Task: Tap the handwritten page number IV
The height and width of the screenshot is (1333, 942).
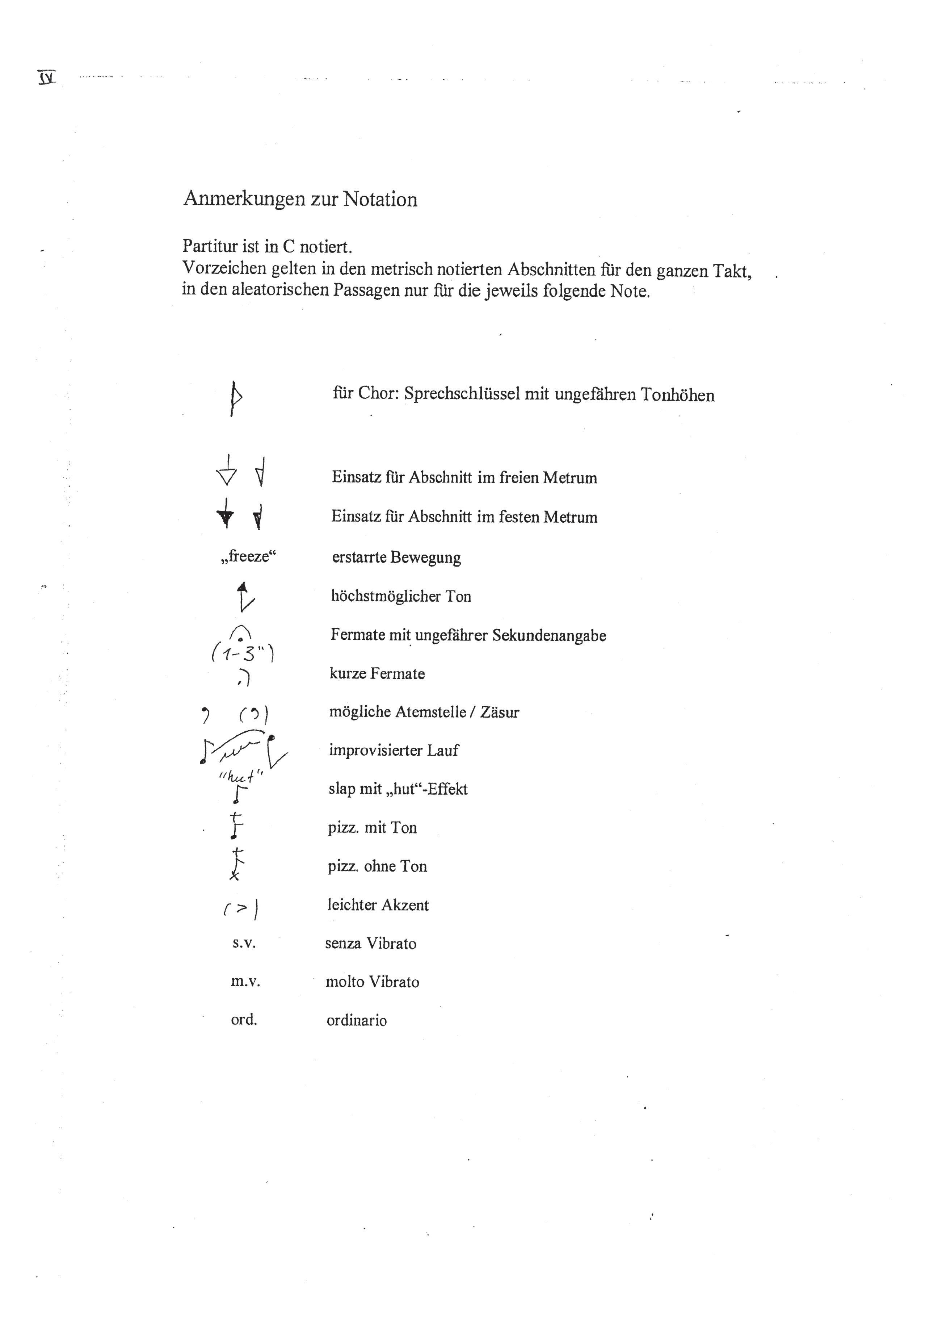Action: (x=46, y=77)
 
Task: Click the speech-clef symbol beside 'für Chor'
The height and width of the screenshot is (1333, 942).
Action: (x=235, y=398)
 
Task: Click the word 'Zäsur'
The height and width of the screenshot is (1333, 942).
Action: (x=500, y=713)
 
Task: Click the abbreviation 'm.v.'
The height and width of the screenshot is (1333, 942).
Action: (x=245, y=982)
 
